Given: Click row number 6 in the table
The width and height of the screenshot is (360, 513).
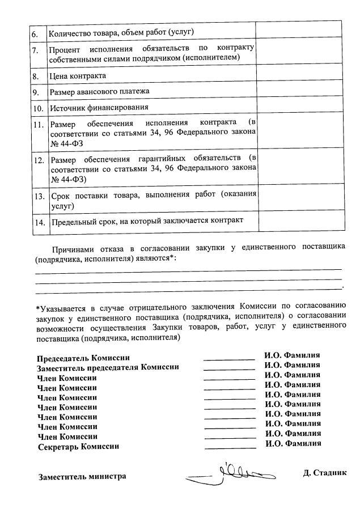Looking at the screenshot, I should pyautogui.click(x=35, y=33).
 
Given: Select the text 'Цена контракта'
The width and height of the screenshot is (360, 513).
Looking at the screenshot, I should pyautogui.click(x=78, y=75).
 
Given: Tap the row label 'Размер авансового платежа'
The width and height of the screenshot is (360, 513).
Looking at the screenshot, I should pyautogui.click(x=100, y=91).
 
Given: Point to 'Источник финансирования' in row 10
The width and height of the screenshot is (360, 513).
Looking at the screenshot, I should pyautogui.click(x=99, y=107).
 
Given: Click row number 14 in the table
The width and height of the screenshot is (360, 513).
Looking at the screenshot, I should pyautogui.click(x=39, y=222).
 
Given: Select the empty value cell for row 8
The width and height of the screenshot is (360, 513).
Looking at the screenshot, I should pyautogui.click(x=298, y=75).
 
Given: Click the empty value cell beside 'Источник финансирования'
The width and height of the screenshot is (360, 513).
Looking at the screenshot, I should pyautogui.click(x=298, y=107).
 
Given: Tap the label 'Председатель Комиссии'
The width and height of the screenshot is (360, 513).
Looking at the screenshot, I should pyautogui.click(x=83, y=358).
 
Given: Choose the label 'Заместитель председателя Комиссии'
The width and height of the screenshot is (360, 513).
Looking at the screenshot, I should pyautogui.click(x=108, y=367).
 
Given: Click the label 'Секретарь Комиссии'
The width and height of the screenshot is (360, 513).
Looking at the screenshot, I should pyautogui.click(x=78, y=447).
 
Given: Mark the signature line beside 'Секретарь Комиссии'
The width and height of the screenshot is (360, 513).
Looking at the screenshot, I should pyautogui.click(x=229, y=448).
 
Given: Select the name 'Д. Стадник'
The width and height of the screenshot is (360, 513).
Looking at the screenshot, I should pyautogui.click(x=324, y=472).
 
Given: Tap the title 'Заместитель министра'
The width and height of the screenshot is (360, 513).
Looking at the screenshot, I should pyautogui.click(x=82, y=477).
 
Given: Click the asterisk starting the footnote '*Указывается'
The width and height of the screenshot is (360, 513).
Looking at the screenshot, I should pyautogui.click(x=37, y=308).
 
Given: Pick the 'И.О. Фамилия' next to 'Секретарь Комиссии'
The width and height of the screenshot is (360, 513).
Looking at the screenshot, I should pyautogui.click(x=293, y=443).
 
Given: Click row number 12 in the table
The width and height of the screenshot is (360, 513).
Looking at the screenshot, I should pyautogui.click(x=39, y=160).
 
